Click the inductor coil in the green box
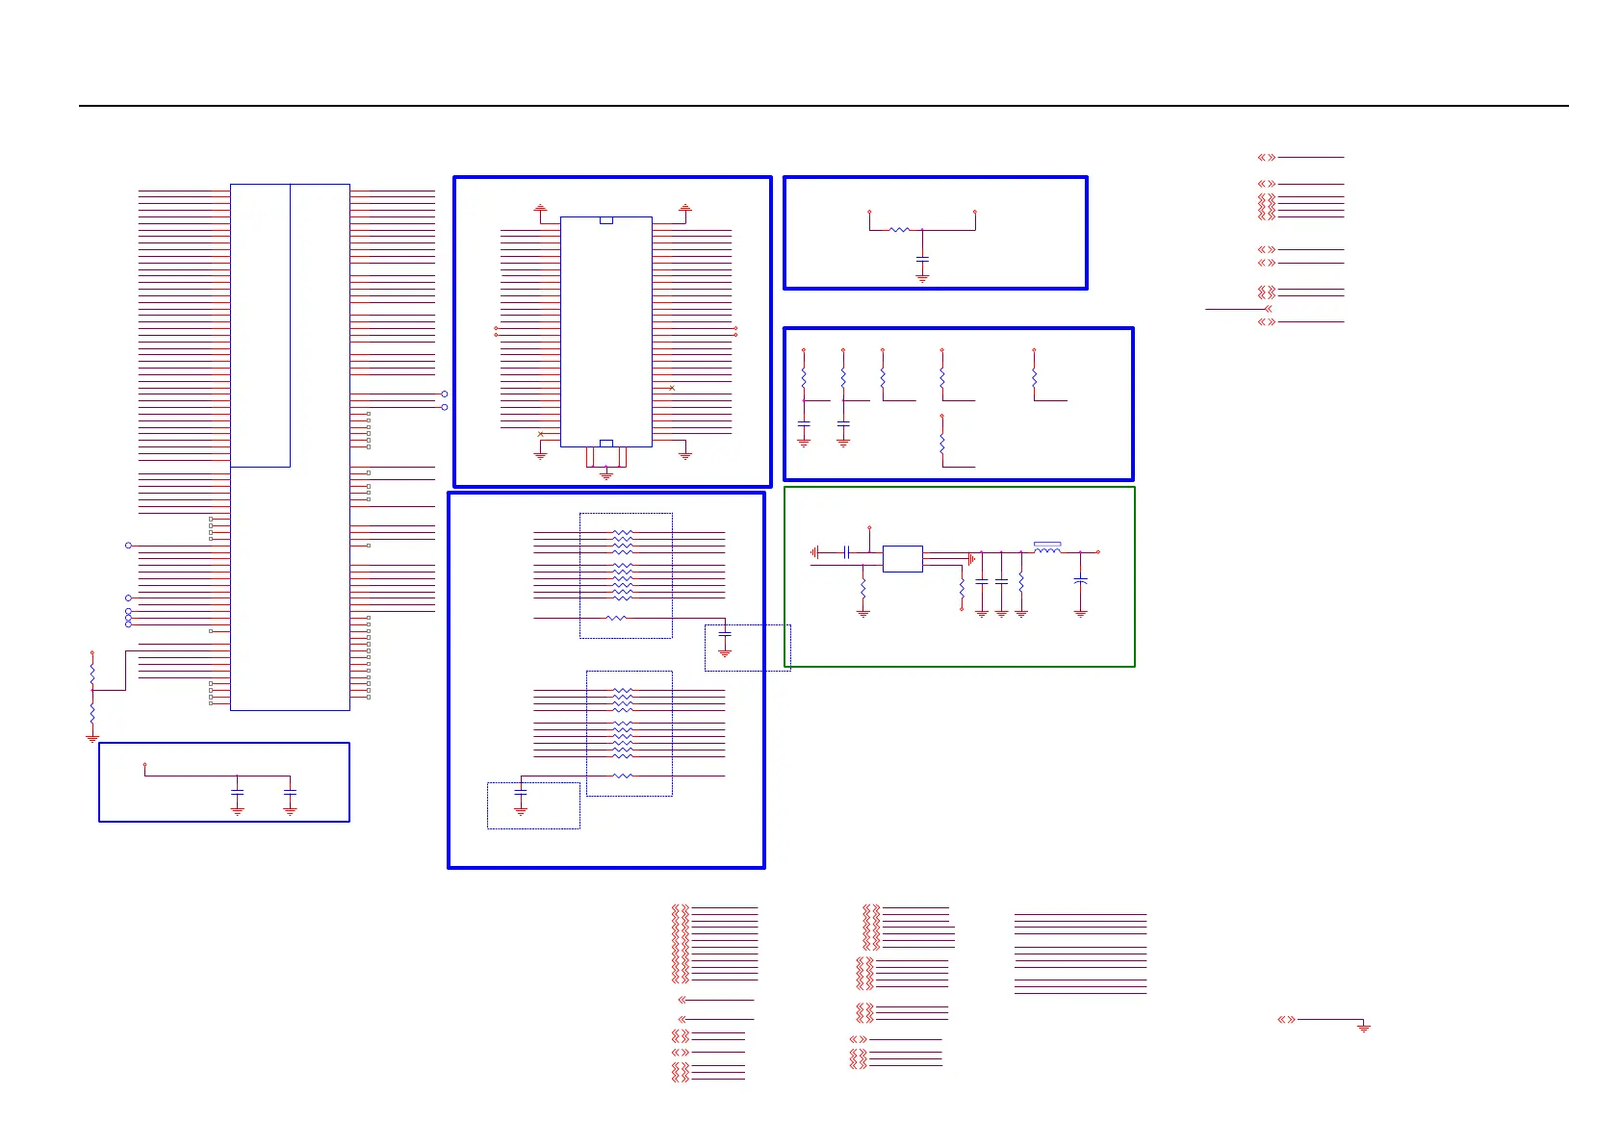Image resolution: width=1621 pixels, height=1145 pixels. (x=1047, y=550)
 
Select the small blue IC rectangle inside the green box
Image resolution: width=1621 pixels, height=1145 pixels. (x=902, y=559)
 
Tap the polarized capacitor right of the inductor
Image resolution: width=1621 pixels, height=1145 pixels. (x=1080, y=581)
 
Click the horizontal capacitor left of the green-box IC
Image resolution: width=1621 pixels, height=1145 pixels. (x=846, y=552)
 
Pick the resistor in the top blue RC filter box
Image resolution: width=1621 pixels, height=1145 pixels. (x=899, y=230)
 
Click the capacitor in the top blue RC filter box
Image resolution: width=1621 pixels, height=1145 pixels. (x=922, y=260)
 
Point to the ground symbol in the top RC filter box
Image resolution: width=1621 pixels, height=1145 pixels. (x=922, y=277)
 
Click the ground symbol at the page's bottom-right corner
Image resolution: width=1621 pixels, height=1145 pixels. (x=1363, y=1028)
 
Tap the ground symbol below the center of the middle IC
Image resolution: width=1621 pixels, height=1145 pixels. (x=606, y=475)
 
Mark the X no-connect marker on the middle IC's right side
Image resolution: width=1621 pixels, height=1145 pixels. (x=672, y=388)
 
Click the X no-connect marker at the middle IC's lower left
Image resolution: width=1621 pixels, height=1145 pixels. (x=540, y=434)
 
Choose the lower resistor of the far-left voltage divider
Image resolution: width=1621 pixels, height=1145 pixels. (x=92, y=715)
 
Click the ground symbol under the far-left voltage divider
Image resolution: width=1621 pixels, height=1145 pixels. (x=92, y=739)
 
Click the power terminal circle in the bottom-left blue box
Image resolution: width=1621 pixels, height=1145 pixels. (x=144, y=765)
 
